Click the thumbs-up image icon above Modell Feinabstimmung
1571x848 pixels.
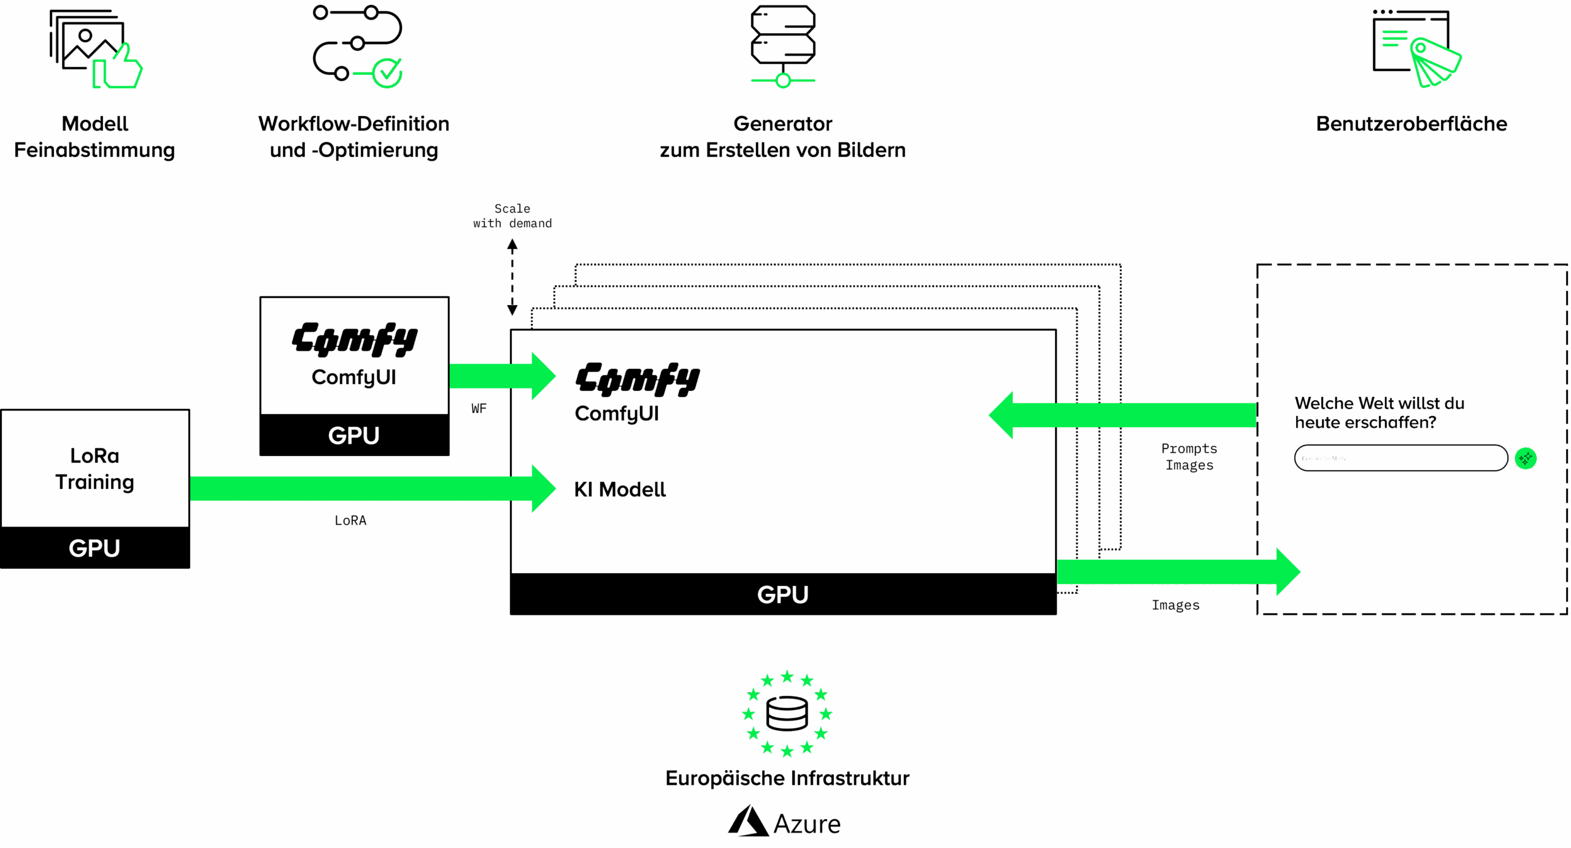click(95, 49)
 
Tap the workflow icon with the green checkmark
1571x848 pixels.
click(357, 46)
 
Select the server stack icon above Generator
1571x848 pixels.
click(782, 46)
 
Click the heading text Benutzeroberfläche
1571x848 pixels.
click(1411, 124)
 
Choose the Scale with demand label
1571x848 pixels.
click(512, 216)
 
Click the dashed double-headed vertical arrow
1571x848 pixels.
click(512, 277)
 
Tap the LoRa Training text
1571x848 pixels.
click(95, 469)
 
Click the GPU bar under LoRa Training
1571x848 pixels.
click(95, 548)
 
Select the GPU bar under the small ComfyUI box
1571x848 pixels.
click(354, 435)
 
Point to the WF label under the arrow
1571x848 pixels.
click(479, 409)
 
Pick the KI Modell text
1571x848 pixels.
click(620, 490)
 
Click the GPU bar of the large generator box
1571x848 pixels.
click(782, 594)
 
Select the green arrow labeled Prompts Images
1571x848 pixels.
click(1123, 415)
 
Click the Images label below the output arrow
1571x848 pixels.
click(1175, 605)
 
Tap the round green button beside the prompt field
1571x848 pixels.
click(1526, 458)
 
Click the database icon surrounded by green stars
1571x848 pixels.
click(787, 713)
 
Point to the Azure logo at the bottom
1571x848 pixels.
click(784, 822)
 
